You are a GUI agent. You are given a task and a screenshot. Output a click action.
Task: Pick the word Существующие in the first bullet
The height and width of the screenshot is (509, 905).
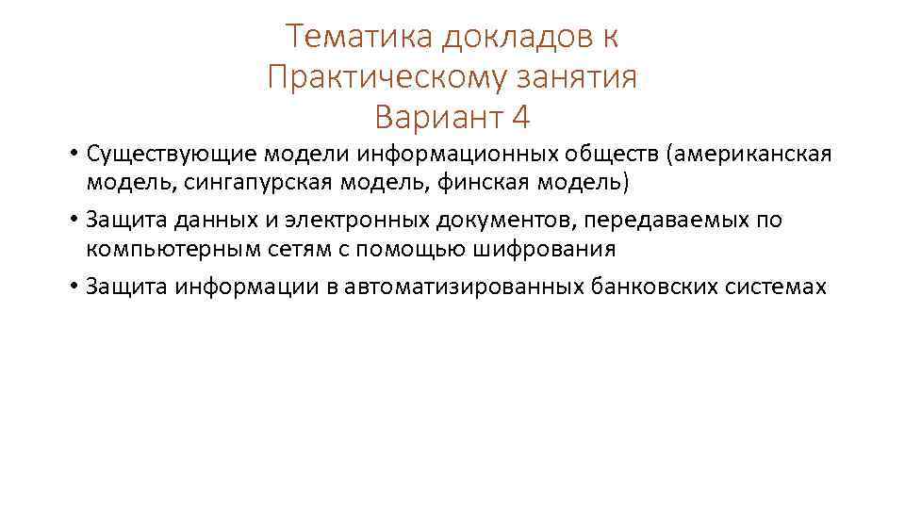pyautogui.click(x=172, y=153)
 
